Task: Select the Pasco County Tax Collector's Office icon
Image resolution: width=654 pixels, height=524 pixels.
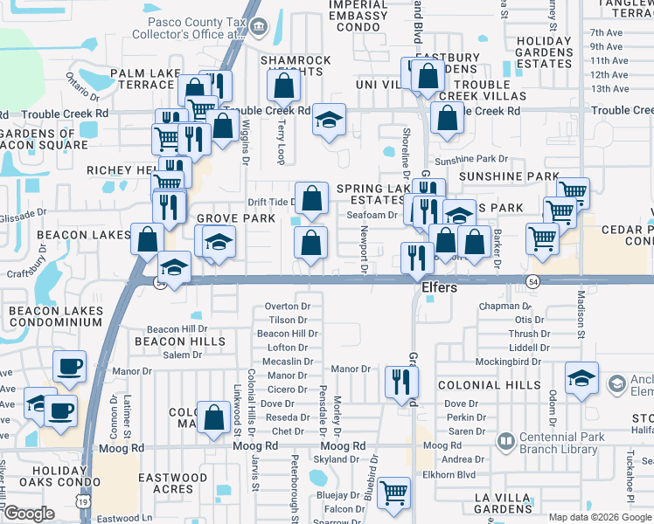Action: (x=258, y=26)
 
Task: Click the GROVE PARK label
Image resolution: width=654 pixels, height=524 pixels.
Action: (x=229, y=218)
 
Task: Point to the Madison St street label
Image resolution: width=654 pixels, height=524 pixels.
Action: (x=581, y=310)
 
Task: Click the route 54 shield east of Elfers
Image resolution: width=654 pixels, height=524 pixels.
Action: (x=532, y=280)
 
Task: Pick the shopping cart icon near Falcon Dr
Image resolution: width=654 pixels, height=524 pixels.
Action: (x=395, y=492)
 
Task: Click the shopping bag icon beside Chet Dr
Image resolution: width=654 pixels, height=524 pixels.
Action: (x=213, y=417)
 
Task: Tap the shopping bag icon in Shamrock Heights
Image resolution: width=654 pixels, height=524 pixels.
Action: (x=283, y=85)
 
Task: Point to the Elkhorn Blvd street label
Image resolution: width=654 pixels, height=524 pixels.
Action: (x=476, y=475)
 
